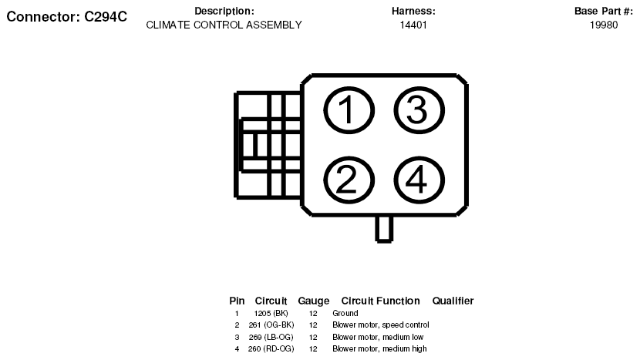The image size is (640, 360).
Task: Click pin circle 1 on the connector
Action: coord(347,112)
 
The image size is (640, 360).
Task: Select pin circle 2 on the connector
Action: coord(347,180)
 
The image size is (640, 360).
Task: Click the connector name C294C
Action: coord(66,16)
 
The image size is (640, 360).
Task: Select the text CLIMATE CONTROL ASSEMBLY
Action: coord(224,25)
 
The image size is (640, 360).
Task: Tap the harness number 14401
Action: coord(413,25)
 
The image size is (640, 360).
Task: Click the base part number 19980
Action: coord(604,25)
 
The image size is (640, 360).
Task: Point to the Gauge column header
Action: coord(313,301)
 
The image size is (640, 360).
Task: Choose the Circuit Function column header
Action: coord(380,301)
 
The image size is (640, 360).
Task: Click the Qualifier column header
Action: coord(453,301)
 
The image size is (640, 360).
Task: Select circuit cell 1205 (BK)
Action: coord(271,314)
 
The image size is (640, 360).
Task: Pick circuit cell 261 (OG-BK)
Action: coord(271,325)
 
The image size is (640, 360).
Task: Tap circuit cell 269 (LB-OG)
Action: coord(271,337)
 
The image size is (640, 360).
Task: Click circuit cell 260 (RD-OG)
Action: coord(271,348)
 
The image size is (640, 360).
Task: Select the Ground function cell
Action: coord(345,314)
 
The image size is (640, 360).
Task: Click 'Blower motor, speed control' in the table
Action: coord(380,325)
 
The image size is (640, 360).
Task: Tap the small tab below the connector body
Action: coord(384,228)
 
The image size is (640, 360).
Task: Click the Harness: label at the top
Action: coord(413,12)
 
